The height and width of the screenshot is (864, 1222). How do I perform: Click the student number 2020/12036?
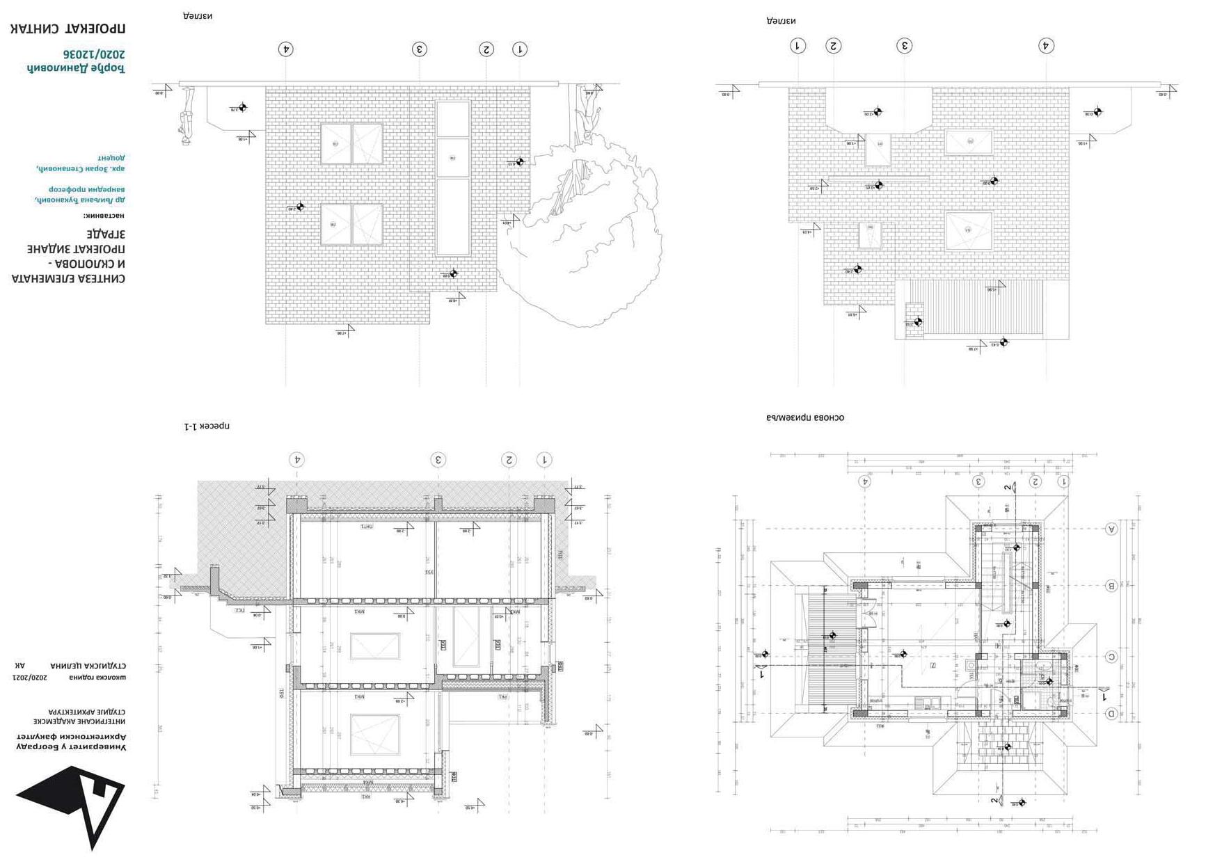95,54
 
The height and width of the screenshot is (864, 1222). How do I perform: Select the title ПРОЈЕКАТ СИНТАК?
68,29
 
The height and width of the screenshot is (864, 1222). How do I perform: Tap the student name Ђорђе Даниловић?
76,68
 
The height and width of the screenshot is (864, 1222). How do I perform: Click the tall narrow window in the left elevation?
452,179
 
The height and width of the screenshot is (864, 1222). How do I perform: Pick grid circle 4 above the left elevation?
285,49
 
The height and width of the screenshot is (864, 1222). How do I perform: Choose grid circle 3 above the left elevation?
419,49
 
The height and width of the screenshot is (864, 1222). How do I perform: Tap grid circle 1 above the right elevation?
798,46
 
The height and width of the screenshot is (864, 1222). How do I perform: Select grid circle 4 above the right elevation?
1045,46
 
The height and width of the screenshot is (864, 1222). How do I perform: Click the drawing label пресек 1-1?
207,426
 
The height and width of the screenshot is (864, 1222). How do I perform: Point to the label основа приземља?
805,418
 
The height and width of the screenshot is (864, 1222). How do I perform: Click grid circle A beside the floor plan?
1111,529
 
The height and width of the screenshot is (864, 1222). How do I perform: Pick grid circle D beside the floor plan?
1111,714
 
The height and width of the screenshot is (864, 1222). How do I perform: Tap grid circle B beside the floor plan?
1111,586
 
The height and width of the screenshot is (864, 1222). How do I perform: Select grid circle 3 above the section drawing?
438,460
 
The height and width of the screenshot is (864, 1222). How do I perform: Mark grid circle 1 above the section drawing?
544,460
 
